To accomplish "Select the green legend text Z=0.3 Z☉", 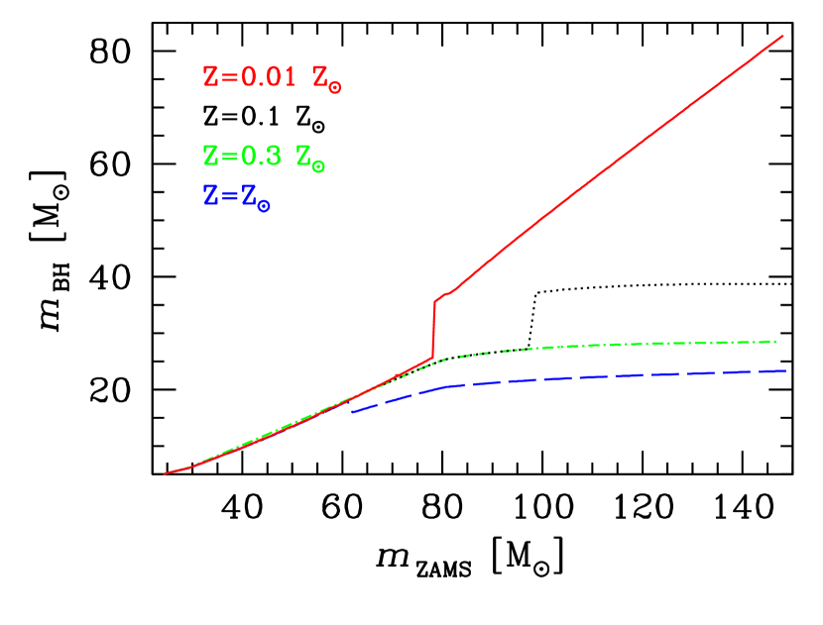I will tap(264, 156).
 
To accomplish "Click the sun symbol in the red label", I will tap(334, 87).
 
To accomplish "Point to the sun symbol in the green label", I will tap(317, 166).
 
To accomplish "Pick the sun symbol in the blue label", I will tap(264, 206).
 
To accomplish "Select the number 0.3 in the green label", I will tap(260, 156).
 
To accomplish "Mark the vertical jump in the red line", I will tap(434, 329).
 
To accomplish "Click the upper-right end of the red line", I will tap(783, 36).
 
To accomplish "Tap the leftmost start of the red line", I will tap(165, 473).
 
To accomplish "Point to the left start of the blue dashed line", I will tap(352, 411).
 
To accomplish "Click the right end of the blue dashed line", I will tap(786, 370).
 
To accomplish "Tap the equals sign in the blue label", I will tap(227, 196).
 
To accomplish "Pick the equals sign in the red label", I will tap(227, 77).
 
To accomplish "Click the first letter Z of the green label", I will tap(210, 156).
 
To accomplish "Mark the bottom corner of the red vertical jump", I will tap(433, 359).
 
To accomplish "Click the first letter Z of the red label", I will tap(210, 77).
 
